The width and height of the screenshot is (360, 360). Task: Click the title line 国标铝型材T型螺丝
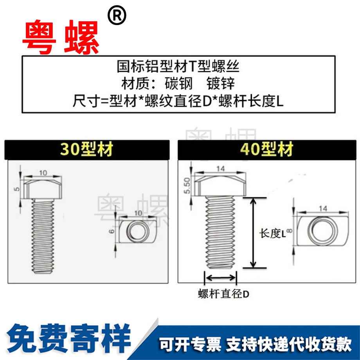coord(178,67)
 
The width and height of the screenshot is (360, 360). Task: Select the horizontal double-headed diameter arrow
coord(220,278)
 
